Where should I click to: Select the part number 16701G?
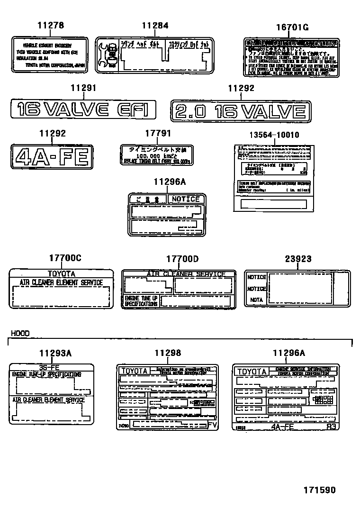click(292, 27)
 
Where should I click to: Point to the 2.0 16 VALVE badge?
click(241, 112)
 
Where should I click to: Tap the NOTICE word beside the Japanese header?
click(186, 199)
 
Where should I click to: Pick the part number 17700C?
click(65, 258)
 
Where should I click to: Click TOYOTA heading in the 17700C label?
click(61, 273)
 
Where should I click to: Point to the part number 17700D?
click(182, 258)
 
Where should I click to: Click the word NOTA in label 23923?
click(256, 300)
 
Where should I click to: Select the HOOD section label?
click(19, 334)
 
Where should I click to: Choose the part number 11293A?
click(55, 353)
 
